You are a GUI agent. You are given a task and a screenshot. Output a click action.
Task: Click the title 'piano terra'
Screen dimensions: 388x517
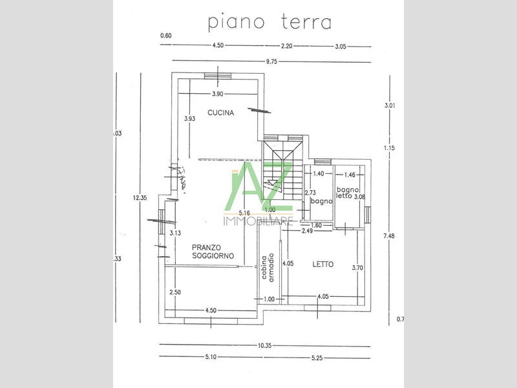(269, 21)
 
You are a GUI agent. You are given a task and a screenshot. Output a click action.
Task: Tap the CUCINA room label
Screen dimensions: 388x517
(220, 113)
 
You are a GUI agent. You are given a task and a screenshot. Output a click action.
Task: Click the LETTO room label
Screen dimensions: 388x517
(322, 264)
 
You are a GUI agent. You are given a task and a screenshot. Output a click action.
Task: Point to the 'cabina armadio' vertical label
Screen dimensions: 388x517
(268, 266)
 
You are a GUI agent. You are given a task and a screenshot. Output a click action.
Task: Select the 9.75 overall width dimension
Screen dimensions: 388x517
(271, 61)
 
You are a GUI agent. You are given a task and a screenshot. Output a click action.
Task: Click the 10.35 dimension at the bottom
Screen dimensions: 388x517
(264, 346)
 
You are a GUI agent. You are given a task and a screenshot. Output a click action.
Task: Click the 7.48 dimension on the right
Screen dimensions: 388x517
(388, 236)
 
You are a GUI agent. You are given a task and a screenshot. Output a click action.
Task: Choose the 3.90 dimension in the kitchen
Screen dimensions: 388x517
(218, 94)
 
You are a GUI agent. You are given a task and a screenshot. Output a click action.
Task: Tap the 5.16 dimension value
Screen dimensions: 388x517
(244, 213)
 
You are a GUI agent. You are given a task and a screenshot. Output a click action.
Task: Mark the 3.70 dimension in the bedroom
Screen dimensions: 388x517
(357, 267)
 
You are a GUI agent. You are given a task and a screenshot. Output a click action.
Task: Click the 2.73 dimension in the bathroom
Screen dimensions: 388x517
(310, 193)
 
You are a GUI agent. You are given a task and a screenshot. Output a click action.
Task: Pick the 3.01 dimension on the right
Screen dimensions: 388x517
(389, 105)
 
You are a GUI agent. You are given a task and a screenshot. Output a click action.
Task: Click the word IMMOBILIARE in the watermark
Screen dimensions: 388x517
(258, 222)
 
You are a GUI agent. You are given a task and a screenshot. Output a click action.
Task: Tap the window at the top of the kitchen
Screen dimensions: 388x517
(213, 76)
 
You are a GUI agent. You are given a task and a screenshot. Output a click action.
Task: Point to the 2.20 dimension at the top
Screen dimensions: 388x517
(286, 45)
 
